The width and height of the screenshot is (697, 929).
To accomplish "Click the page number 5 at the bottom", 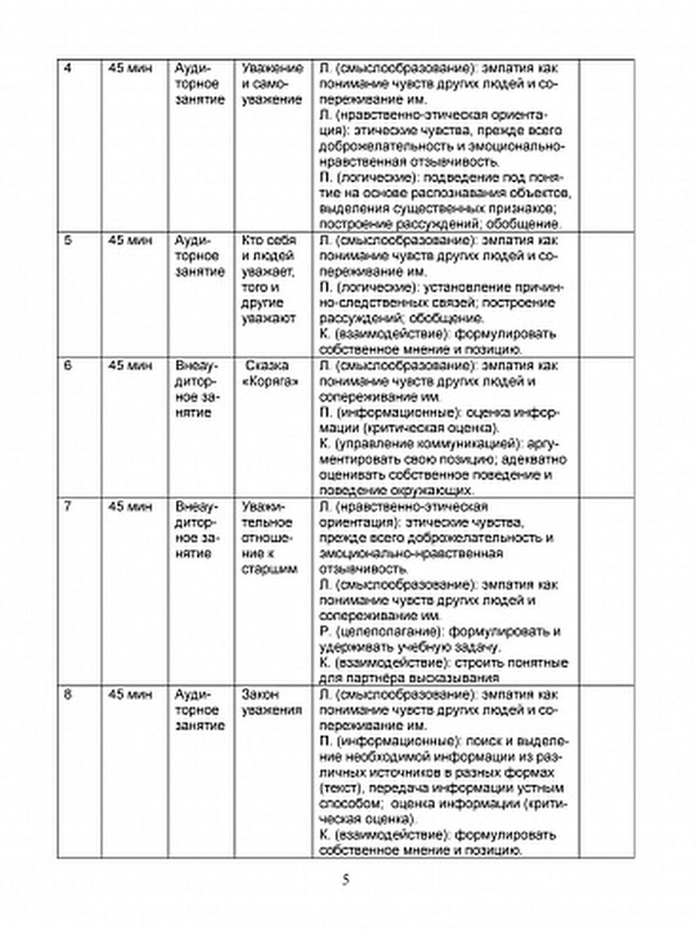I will click(347, 879).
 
